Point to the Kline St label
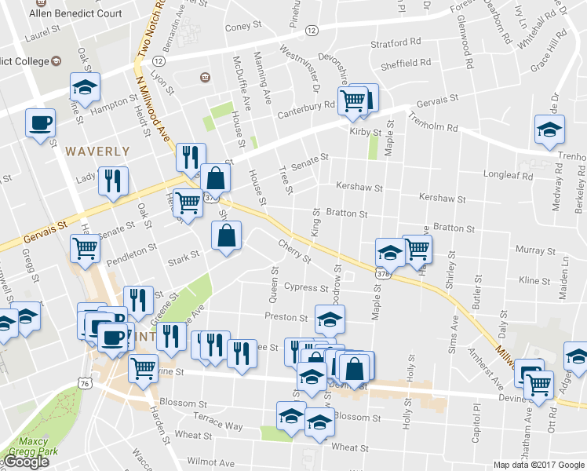[x=534, y=280]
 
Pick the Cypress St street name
[x=305, y=287]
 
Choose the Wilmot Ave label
[x=210, y=463]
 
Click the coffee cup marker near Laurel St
[x=40, y=122]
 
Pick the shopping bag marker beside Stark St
[x=226, y=235]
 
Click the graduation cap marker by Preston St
[x=330, y=319]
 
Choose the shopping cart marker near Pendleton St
[x=85, y=249]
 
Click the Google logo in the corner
[x=26, y=462]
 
